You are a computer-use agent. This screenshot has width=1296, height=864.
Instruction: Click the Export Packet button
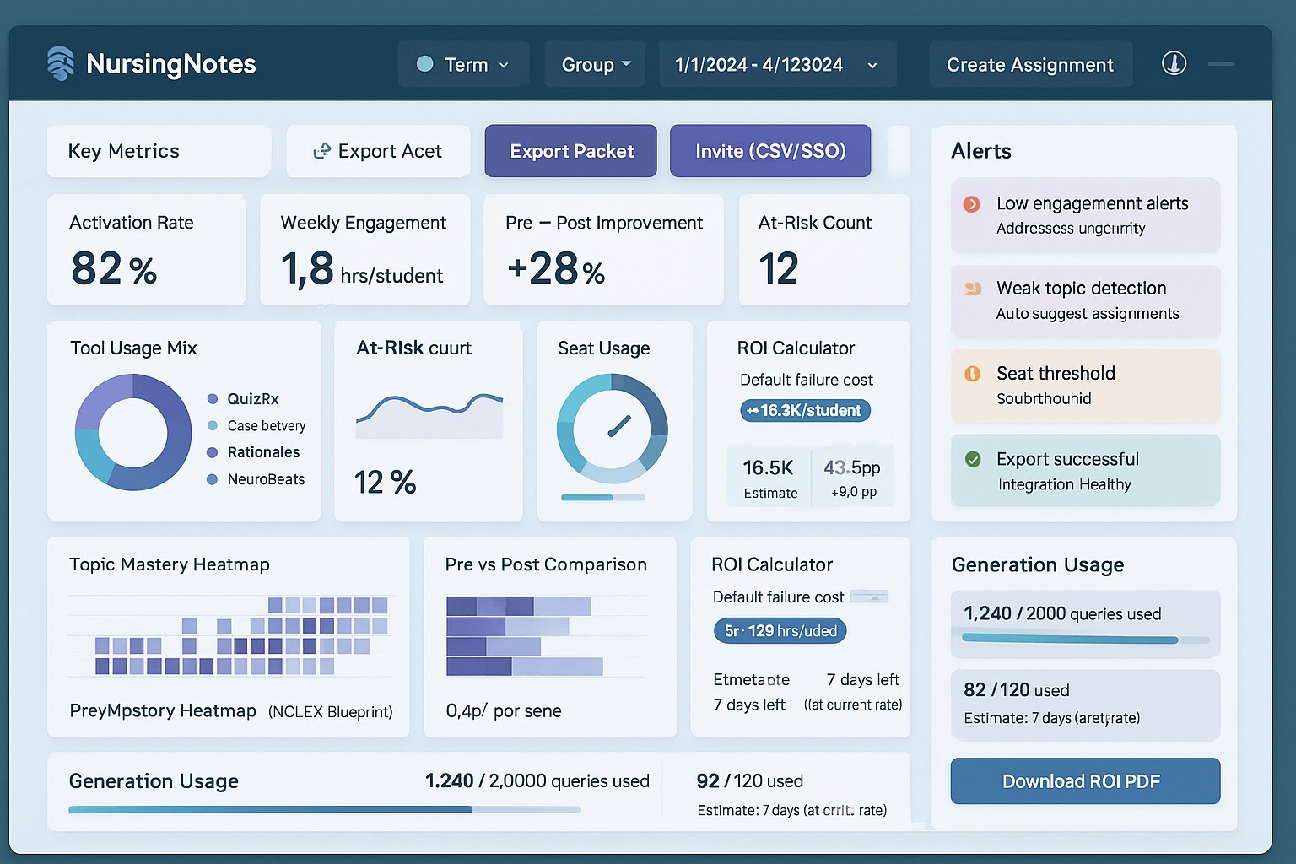[x=571, y=151]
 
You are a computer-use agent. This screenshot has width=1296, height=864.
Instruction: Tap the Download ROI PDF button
[x=1084, y=781]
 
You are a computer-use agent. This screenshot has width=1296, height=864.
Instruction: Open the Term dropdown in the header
[x=463, y=64]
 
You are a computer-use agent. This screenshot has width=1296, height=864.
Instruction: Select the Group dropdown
[x=596, y=64]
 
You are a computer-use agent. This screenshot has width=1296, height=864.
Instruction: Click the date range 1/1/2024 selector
[x=776, y=65]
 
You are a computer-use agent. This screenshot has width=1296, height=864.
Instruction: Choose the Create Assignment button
[x=1029, y=65]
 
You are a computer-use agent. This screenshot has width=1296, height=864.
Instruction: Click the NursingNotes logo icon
[x=61, y=63]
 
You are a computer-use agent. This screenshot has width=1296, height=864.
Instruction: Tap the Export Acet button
[x=378, y=151]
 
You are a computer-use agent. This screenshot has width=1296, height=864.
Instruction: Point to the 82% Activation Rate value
[x=114, y=269]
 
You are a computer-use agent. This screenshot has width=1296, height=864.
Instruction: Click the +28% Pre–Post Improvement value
[x=556, y=269]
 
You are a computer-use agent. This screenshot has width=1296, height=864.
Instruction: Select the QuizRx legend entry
[x=252, y=399]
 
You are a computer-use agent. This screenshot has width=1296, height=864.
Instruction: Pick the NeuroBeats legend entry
[x=265, y=479]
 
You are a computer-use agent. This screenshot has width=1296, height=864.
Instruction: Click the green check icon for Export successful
[x=973, y=459]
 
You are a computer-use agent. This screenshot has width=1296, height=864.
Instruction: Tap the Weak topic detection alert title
[x=1081, y=289]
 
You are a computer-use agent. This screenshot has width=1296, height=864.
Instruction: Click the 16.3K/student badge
[x=805, y=411]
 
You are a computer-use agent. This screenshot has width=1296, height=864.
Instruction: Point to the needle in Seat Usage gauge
[x=619, y=427]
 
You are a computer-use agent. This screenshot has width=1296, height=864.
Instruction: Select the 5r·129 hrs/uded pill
[x=780, y=631]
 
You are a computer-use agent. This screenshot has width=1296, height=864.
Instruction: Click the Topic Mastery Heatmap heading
[x=170, y=564]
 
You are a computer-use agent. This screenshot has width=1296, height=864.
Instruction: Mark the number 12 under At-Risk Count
[x=778, y=269]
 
